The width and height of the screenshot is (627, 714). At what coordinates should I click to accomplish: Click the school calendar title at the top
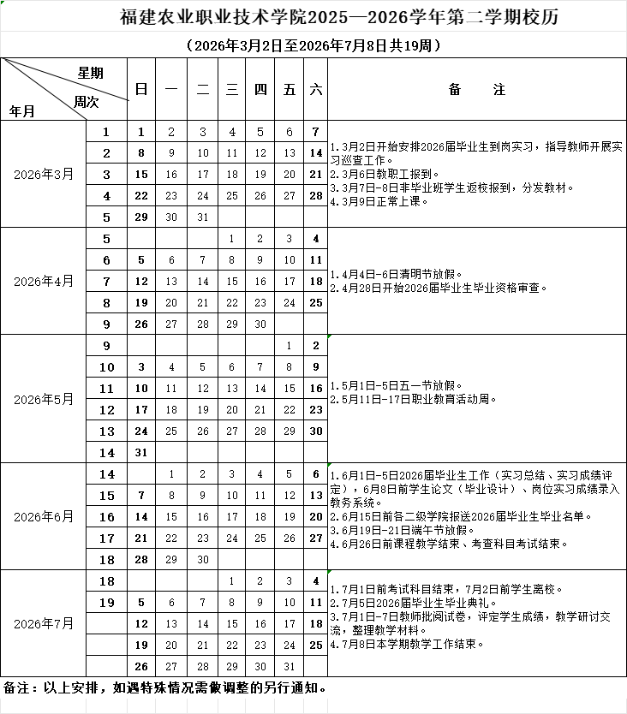click(x=313, y=17)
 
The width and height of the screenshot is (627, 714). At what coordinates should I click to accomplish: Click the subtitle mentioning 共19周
click(x=313, y=45)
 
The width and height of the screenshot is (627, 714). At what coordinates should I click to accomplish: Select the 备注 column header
click(x=477, y=90)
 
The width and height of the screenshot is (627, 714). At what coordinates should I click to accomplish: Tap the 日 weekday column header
click(x=141, y=90)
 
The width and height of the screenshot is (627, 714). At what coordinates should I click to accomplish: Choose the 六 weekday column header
click(x=315, y=90)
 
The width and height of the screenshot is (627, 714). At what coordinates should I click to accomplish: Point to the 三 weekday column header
click(x=231, y=90)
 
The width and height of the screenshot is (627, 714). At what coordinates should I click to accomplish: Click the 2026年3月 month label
click(x=44, y=174)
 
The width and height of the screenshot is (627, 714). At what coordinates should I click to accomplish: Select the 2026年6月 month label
click(x=44, y=516)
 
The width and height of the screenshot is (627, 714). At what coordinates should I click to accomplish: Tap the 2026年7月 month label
click(x=44, y=622)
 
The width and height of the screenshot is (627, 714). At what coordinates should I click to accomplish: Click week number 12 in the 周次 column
click(x=107, y=410)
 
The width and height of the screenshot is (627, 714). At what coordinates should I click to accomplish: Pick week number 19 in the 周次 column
click(x=107, y=602)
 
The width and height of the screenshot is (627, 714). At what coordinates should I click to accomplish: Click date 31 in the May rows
click(x=141, y=452)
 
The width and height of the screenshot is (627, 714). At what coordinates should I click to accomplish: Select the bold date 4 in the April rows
click(x=316, y=239)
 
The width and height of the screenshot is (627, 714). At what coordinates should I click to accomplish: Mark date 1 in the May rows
click(x=290, y=346)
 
